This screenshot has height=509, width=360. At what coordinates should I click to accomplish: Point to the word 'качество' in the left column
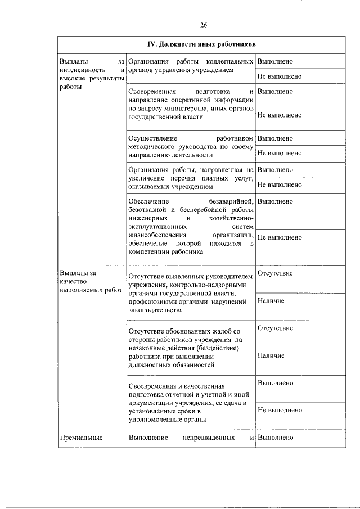click(71, 281)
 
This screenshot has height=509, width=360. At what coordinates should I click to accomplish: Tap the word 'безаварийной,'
click(231, 201)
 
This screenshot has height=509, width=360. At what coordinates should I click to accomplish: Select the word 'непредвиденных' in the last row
click(209, 437)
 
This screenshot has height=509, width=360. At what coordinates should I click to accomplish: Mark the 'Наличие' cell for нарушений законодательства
click(271, 301)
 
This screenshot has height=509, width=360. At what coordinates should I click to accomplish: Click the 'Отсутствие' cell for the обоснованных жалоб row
click(275, 328)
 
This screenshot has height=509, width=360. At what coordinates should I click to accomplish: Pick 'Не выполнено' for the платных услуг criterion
click(280, 184)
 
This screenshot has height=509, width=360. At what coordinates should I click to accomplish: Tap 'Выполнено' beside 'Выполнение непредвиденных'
click(275, 437)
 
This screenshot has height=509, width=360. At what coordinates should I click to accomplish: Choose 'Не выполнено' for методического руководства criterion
click(280, 153)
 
